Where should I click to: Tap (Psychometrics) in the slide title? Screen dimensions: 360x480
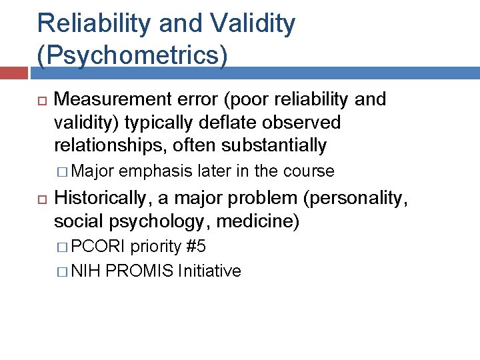pos(132,55)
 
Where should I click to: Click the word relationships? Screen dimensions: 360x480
pos(113,145)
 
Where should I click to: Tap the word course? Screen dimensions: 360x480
pos(309,171)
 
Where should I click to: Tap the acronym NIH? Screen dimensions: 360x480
pos(84,271)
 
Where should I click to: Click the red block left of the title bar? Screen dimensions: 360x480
pos(13,73)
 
